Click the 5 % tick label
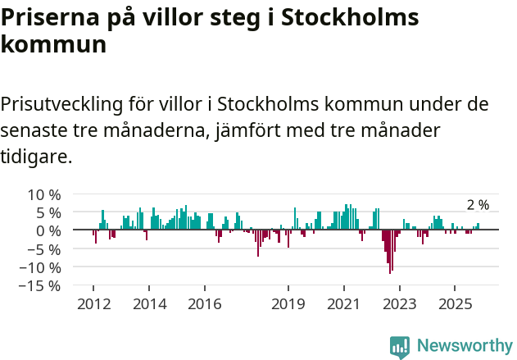point(46,213)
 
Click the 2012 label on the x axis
point(93,303)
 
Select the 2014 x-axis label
point(148,303)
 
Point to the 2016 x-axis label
point(204,303)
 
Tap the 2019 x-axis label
point(288,303)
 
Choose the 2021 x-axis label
point(344,303)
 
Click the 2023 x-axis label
point(400,303)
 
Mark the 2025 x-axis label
point(456,303)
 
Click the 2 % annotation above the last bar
point(478,205)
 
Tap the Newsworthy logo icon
point(400,346)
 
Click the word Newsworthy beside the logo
point(464,346)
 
